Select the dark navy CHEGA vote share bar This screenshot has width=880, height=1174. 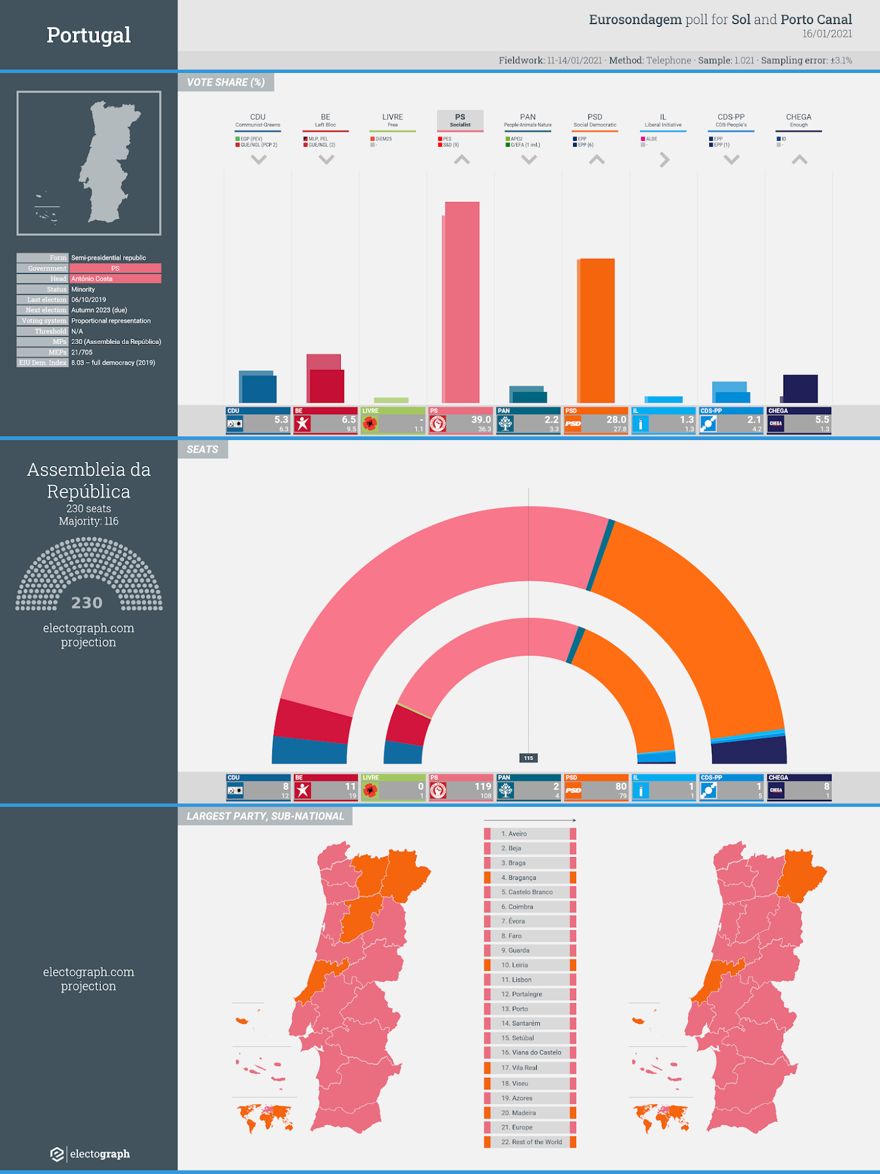[x=800, y=389]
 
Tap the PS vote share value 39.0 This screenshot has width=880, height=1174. [x=480, y=420]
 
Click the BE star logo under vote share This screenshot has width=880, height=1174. [x=303, y=424]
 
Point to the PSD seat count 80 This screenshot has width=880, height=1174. [x=621, y=787]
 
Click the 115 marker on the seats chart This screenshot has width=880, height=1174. [x=529, y=758]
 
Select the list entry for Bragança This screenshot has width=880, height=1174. [x=519, y=878]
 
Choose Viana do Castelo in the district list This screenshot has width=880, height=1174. [x=531, y=1052]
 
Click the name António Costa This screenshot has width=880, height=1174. [x=92, y=279]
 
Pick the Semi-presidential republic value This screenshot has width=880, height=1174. [x=109, y=258]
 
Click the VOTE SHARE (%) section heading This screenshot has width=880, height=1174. [x=226, y=82]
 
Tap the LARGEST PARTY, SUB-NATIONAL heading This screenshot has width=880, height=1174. [x=265, y=816]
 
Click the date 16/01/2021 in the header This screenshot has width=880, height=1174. [x=827, y=34]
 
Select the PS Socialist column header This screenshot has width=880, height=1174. [x=460, y=120]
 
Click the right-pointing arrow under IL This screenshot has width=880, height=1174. [x=664, y=160]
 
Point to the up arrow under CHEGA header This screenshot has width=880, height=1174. [x=799, y=160]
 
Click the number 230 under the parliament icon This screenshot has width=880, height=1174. [x=87, y=603]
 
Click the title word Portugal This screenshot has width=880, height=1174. [x=89, y=35]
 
